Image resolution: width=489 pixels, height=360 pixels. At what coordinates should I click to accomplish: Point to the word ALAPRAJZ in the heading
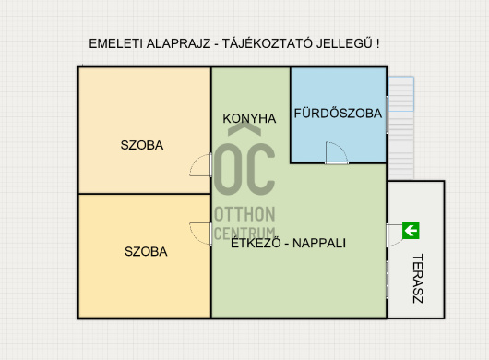coord(178,43)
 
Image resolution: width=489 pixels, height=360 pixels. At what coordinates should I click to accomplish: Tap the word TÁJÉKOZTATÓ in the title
coord(268,43)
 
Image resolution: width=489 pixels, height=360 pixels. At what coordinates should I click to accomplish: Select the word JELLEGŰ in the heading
coord(344,43)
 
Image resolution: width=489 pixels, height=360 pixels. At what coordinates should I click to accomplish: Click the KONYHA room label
coord(249,118)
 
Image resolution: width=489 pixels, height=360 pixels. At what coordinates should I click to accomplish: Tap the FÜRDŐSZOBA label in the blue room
coord(338,113)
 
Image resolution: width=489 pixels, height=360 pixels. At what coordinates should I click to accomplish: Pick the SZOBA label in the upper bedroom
coord(142,145)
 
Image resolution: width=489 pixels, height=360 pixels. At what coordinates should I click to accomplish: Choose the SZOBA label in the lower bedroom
coord(146,251)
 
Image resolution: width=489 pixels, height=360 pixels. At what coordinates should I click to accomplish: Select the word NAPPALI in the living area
coord(319,243)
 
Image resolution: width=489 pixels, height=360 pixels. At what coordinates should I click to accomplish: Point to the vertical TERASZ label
coord(418,278)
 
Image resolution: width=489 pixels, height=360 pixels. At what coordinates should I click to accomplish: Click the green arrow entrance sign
coord(411,231)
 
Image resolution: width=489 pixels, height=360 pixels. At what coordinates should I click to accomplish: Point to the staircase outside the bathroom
coord(401,127)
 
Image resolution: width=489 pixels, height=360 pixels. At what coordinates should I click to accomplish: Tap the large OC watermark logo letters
coord(244,170)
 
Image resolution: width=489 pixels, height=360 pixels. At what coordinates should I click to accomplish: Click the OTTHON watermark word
coord(244,214)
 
